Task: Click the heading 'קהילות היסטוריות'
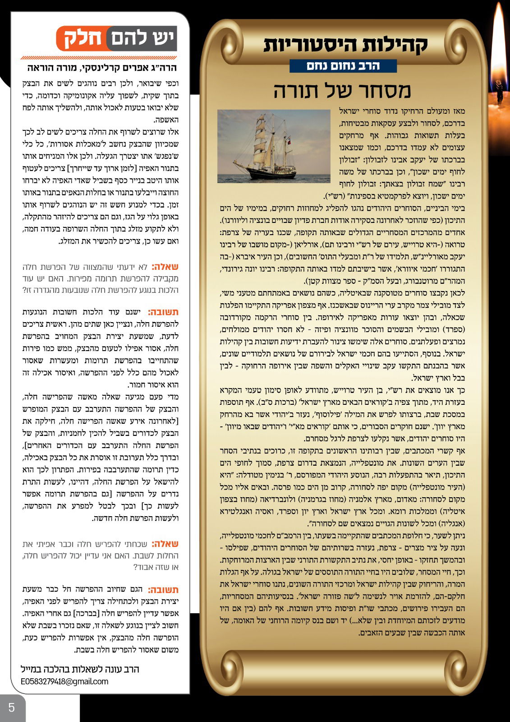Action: (345, 45)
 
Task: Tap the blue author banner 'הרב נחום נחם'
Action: (343, 66)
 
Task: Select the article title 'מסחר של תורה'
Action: (342, 90)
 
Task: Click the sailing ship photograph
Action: (274, 146)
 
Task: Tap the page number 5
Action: (12, 707)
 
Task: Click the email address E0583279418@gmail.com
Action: (64, 681)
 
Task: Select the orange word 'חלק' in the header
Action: (82, 39)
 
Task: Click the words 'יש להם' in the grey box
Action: (142, 39)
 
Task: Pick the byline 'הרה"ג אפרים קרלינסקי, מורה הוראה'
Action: (102, 68)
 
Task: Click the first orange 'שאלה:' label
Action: (165, 267)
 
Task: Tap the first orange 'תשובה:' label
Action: (163, 312)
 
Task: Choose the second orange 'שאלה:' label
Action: (165, 544)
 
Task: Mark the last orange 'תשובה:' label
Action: (163, 589)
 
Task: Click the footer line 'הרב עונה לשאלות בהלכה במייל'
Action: (80, 669)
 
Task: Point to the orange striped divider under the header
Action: (99, 58)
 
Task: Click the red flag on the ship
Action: (289, 142)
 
